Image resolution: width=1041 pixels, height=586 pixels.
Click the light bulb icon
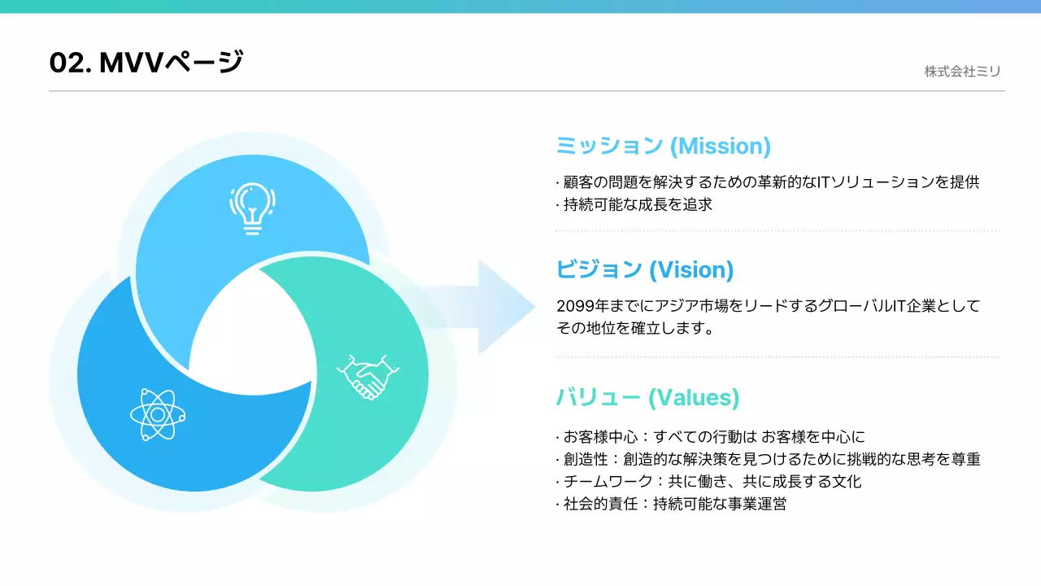(252, 208)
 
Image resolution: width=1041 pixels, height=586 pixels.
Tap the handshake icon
(368, 377)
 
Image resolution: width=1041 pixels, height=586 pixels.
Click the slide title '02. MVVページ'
(146, 62)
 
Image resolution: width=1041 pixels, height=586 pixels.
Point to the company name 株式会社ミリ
(962, 72)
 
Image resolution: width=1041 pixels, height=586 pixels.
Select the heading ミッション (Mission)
(663, 146)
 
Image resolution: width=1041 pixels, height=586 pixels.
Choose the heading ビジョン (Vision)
(644, 269)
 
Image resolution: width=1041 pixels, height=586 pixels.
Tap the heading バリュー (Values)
(647, 397)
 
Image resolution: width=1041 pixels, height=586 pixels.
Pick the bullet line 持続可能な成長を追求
(638, 204)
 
